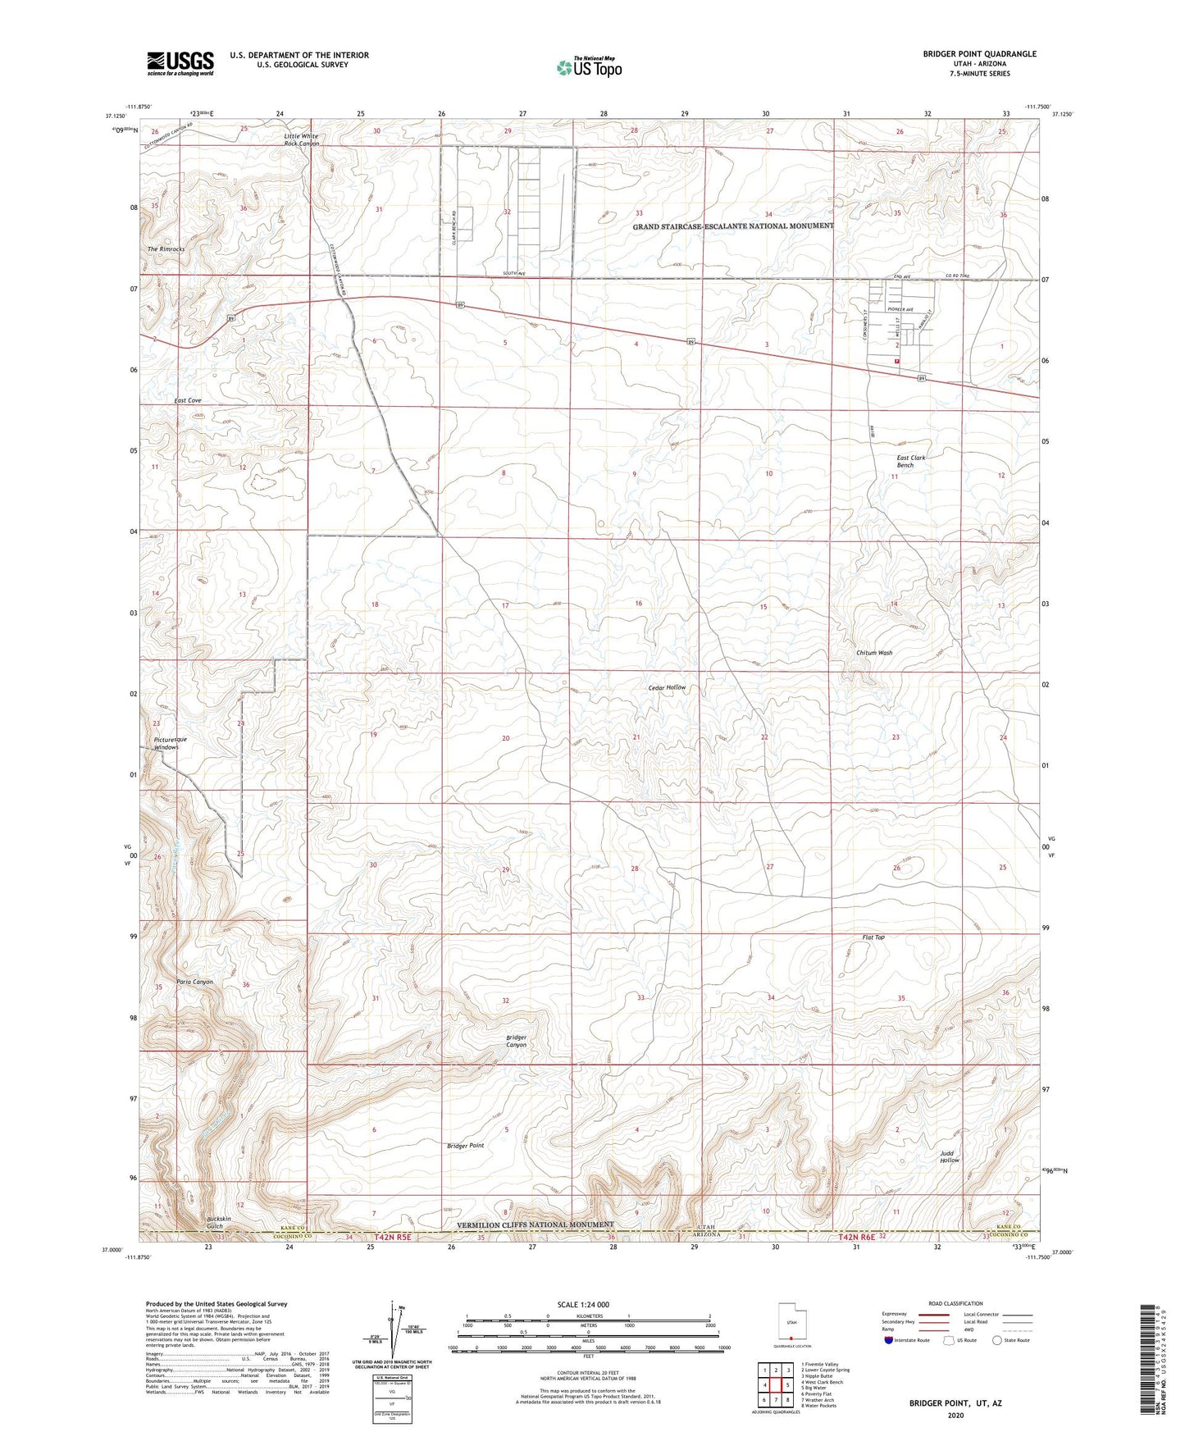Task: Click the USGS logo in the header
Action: click(x=180, y=63)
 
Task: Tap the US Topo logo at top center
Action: click(x=587, y=67)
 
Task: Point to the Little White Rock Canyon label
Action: click(x=301, y=139)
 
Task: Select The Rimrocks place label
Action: click(x=166, y=249)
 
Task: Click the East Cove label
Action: click(x=188, y=400)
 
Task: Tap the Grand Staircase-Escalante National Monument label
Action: click(x=733, y=226)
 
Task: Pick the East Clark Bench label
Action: click(x=905, y=461)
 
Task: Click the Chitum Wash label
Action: click(x=874, y=653)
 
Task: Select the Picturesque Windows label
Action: click(x=171, y=743)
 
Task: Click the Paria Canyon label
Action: click(x=194, y=982)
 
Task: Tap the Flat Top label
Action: click(x=873, y=937)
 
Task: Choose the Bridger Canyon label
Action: click(x=516, y=1041)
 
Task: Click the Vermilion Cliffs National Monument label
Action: click(x=535, y=1224)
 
